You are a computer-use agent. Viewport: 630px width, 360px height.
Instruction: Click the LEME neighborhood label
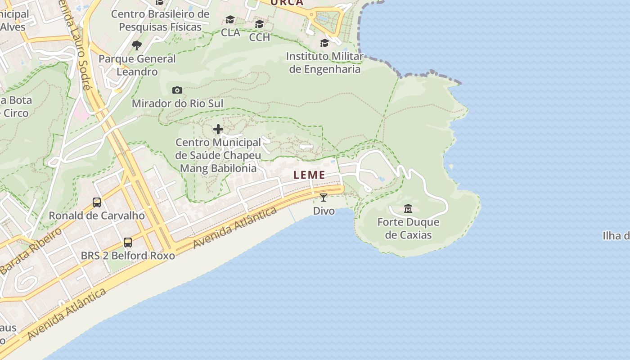[x=309, y=175]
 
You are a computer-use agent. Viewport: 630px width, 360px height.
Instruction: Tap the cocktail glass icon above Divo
[x=324, y=197]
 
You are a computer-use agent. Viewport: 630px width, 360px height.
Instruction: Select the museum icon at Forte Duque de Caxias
[x=408, y=209]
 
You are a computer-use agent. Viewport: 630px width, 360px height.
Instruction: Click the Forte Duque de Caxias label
[x=408, y=229]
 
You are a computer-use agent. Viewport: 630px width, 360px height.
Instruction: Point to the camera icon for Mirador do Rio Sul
[x=177, y=90]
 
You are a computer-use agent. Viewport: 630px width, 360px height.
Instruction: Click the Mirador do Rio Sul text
[x=177, y=103]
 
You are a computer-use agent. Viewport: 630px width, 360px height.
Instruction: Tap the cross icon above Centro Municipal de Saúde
[x=218, y=130]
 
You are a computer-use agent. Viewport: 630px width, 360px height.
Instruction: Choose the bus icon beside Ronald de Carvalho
[x=97, y=202]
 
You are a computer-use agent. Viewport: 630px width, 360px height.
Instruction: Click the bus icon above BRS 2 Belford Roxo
[x=128, y=243]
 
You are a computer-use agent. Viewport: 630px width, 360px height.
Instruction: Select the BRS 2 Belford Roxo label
[x=128, y=256]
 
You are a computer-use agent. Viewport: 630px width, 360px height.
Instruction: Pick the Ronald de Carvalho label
[x=97, y=216]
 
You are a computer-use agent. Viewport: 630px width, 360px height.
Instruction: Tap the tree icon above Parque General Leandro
[x=137, y=45]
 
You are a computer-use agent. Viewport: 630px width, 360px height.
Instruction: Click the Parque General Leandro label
[x=137, y=65]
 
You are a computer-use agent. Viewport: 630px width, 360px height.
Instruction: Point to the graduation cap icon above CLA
[x=230, y=20]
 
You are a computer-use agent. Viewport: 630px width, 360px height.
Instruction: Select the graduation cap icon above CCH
[x=259, y=24]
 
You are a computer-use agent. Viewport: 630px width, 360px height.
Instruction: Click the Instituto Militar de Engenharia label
[x=325, y=63]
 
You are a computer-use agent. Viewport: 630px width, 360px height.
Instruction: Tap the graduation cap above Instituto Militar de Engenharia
[x=324, y=43]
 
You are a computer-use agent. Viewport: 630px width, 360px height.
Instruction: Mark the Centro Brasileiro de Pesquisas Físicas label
[x=160, y=20]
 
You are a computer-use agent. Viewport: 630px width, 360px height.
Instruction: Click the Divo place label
[x=324, y=211]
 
